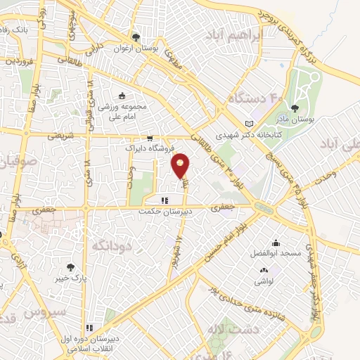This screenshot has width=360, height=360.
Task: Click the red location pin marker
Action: point(181,165)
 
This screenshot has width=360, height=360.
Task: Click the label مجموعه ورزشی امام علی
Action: point(120,112)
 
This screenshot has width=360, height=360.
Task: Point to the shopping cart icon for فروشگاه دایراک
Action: point(150,139)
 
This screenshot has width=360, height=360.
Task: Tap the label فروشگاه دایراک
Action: point(144,149)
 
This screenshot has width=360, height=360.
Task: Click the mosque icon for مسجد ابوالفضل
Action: point(274,241)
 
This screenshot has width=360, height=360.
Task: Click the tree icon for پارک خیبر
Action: point(70,267)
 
